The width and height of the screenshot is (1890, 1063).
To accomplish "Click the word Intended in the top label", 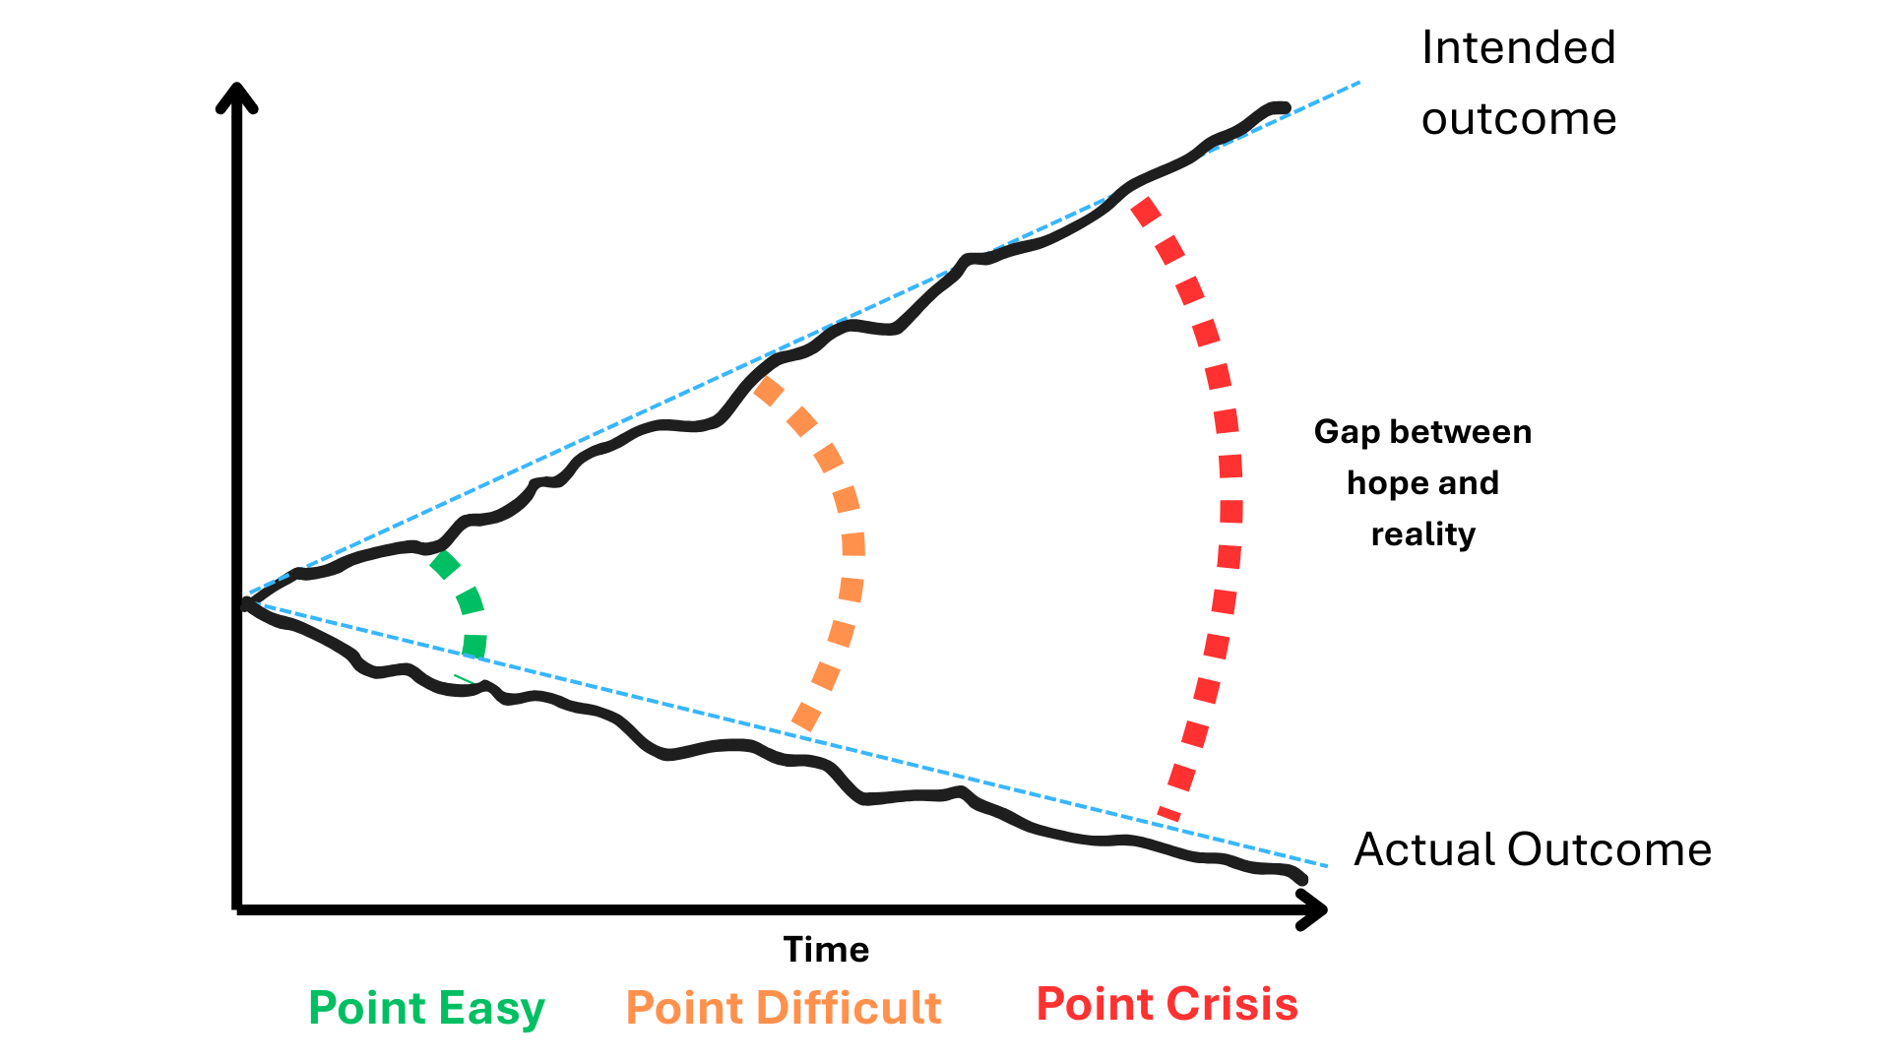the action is pos(1519,47).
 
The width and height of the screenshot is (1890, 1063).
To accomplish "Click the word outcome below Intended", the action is pos(1519,119).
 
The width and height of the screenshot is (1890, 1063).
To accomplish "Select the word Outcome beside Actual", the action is pos(1609,849).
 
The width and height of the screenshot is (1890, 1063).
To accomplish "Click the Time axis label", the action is pos(826,950).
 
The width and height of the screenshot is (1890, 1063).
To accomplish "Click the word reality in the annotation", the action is pos(1423,534).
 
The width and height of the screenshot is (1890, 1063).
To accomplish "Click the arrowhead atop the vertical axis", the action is pos(236,96).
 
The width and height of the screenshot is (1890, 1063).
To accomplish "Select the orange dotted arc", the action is pos(852,544).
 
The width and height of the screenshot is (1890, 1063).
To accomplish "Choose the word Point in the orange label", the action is pos(685,1008).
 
